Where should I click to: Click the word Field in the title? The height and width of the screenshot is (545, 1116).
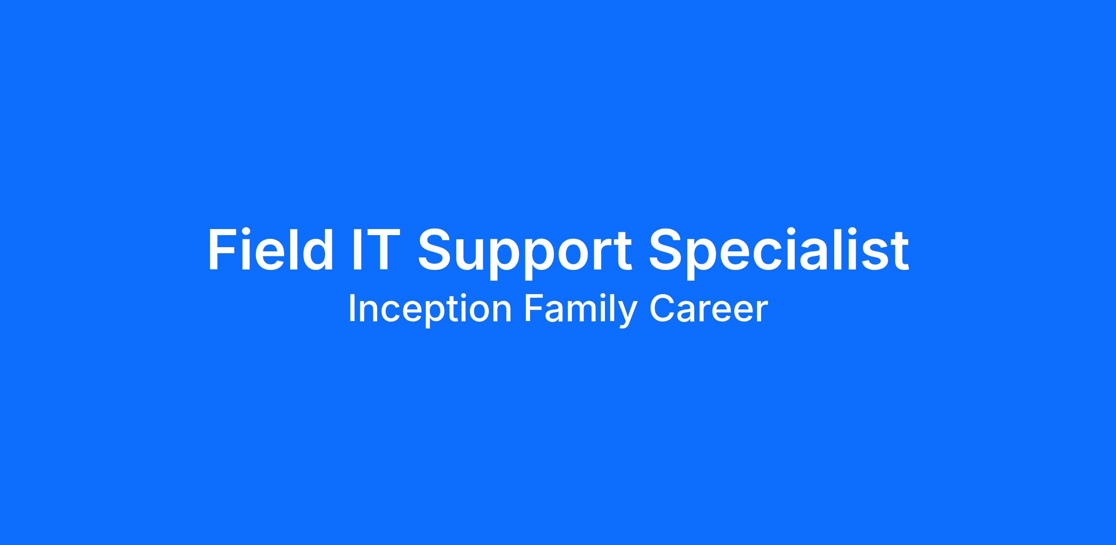(x=270, y=250)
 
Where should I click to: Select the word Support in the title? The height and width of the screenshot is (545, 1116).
(x=525, y=254)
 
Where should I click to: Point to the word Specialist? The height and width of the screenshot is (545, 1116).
(x=778, y=254)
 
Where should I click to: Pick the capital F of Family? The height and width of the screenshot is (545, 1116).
(x=534, y=309)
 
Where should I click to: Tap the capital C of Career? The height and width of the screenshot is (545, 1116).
(x=662, y=309)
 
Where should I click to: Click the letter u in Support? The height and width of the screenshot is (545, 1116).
(x=472, y=256)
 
